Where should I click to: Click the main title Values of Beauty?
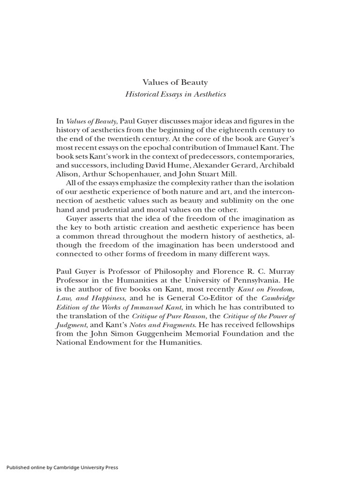[175, 82]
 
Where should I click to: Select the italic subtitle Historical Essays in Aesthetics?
[175, 94]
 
